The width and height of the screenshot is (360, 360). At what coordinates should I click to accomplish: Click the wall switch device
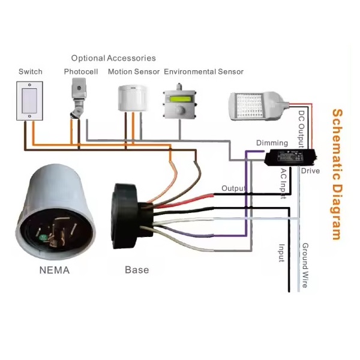pos(29,101)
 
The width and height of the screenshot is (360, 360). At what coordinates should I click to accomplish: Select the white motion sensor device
pos(132,98)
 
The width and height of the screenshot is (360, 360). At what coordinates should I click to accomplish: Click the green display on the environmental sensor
pos(181,99)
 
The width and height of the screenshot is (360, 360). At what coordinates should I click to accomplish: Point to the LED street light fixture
pos(259,106)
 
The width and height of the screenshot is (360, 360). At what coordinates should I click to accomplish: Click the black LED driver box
pos(290,157)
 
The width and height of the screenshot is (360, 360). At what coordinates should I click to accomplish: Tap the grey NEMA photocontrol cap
pos(56,212)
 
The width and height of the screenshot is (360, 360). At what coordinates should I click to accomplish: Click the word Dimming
pos(272,143)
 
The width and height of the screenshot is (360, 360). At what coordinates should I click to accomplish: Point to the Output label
pos(233,188)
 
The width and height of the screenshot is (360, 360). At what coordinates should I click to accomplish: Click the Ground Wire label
pos(305,265)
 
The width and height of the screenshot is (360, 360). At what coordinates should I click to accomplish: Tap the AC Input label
pos(284,184)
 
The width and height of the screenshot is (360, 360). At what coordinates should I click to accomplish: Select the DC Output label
pos(301,129)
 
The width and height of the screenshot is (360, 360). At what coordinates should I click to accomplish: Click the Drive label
pos(310,171)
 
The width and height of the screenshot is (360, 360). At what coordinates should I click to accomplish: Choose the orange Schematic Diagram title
pos(337,175)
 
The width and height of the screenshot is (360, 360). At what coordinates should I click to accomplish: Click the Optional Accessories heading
pos(113,58)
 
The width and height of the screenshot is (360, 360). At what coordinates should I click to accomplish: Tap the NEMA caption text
pos(55,270)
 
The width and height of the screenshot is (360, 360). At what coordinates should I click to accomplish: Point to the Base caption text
pos(137,270)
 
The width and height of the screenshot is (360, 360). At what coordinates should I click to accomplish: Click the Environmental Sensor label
pos(203,71)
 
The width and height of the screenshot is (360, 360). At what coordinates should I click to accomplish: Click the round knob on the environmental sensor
pos(180,110)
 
